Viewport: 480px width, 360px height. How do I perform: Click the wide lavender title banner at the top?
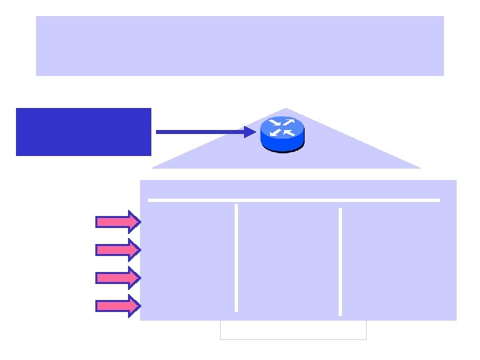[240, 45]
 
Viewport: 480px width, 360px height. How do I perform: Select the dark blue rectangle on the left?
[83, 131]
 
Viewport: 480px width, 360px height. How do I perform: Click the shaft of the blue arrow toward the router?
[200, 132]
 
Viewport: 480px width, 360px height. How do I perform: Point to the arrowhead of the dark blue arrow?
[250, 132]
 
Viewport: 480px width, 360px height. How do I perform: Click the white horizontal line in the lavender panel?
[293, 199]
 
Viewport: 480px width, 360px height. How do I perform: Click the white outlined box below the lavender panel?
[293, 330]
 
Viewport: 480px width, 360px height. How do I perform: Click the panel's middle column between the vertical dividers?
[288, 260]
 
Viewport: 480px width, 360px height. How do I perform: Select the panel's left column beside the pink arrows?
[189, 260]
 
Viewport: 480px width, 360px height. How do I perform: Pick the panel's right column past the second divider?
[398, 260]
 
